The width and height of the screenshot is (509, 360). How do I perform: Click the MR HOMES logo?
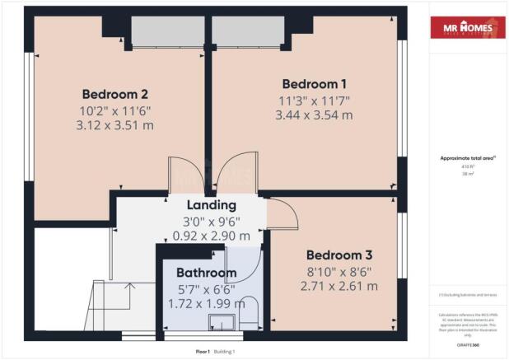467,29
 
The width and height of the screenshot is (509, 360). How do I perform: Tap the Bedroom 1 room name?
314,84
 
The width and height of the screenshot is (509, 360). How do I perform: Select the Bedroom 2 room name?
114,94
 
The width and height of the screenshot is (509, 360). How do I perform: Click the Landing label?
212,205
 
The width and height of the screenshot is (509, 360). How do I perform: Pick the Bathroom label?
205,273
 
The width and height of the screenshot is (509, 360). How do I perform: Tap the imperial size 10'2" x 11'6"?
115,110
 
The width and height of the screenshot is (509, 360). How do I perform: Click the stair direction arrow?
129,288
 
